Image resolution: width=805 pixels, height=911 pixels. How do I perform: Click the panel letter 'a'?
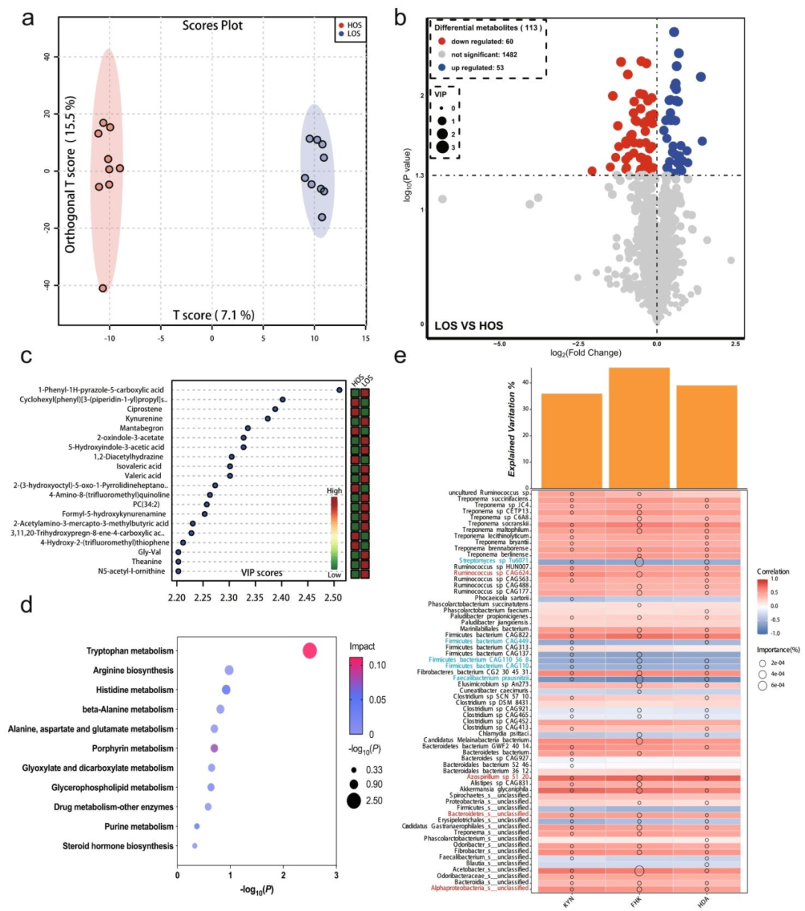click(x=28, y=17)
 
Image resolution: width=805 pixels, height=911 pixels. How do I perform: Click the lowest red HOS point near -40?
click(x=103, y=288)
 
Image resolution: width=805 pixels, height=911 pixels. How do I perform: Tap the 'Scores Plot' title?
click(x=212, y=25)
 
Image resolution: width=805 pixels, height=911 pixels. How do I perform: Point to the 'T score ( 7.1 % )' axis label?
click(x=214, y=315)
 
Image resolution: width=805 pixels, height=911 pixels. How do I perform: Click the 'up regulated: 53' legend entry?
click(x=477, y=68)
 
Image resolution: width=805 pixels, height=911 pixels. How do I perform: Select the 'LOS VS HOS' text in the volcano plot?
click(x=469, y=325)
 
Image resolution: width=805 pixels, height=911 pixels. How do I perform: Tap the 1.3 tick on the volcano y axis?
click(x=421, y=175)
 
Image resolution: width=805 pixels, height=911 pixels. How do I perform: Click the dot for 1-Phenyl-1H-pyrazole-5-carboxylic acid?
click(x=339, y=389)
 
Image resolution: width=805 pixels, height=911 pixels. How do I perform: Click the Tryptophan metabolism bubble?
click(x=309, y=651)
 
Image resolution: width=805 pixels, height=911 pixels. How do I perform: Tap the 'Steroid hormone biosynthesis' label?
click(x=119, y=846)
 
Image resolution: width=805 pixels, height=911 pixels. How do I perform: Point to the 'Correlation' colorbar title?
click(x=772, y=572)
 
